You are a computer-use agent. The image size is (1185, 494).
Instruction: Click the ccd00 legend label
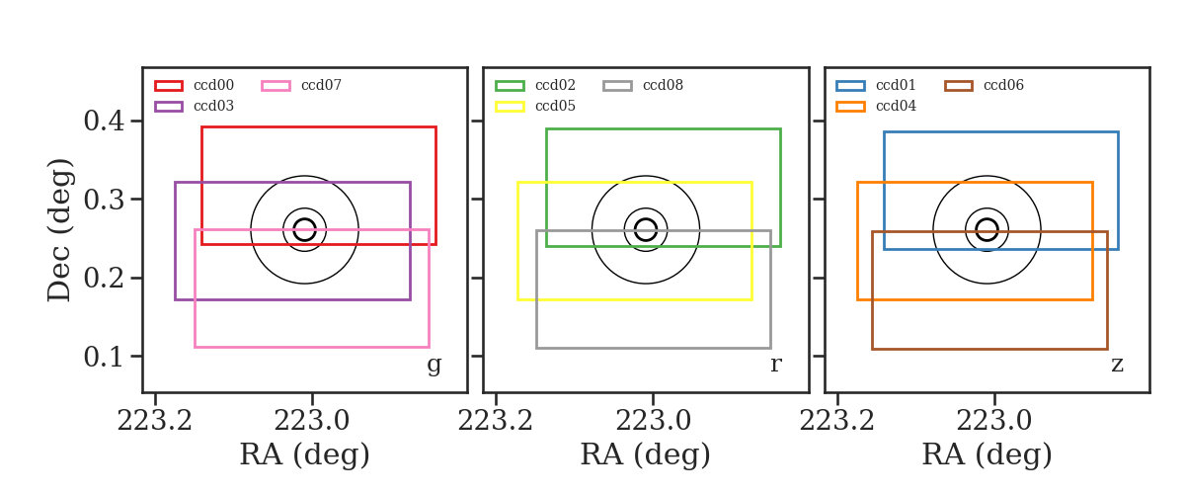pyautogui.click(x=213, y=85)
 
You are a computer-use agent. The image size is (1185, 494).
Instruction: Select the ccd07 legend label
pyautogui.click(x=321, y=85)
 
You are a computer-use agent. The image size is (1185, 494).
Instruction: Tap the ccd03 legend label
pyautogui.click(x=213, y=106)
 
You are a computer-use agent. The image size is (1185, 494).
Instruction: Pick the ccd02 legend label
pyautogui.click(x=555, y=85)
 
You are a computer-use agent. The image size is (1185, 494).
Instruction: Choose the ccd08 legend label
pyautogui.click(x=663, y=85)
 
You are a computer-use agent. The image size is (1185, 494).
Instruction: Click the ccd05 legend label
pyautogui.click(x=555, y=106)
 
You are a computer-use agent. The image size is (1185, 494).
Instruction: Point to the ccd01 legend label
pyautogui.click(x=896, y=85)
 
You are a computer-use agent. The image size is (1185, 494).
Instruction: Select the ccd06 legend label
pyautogui.click(x=1003, y=85)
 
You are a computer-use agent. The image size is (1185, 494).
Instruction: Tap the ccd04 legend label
pyautogui.click(x=896, y=106)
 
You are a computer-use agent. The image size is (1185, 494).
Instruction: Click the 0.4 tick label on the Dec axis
pyautogui.click(x=105, y=121)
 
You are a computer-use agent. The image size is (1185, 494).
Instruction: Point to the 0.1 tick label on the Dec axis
pyautogui.click(x=105, y=357)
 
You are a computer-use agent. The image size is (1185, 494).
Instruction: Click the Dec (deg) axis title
pyautogui.click(x=58, y=230)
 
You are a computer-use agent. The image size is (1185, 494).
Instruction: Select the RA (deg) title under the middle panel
pyautogui.click(x=646, y=454)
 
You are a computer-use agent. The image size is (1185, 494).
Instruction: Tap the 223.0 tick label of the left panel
pyautogui.click(x=312, y=421)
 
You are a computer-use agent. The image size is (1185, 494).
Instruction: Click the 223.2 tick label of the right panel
pyautogui.click(x=837, y=421)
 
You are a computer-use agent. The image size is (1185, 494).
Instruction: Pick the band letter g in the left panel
pyautogui.click(x=434, y=366)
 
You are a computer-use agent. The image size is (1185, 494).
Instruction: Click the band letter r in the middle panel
pyautogui.click(x=775, y=364)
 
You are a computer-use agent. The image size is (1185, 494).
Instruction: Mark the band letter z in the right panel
pyautogui.click(x=1117, y=365)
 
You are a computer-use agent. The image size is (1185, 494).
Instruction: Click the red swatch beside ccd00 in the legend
pyautogui.click(x=169, y=86)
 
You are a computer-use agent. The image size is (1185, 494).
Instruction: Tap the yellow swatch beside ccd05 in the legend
pyautogui.click(x=510, y=107)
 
